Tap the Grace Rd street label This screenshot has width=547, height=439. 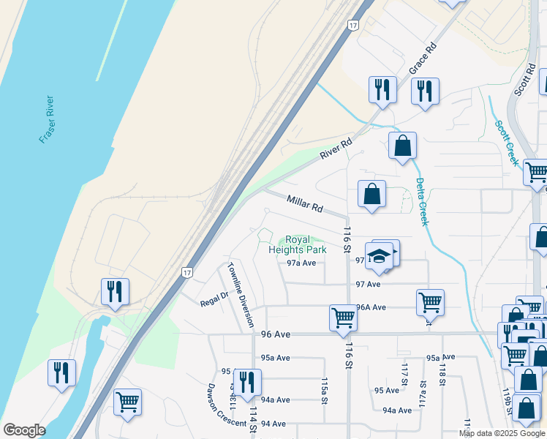[x=423, y=57]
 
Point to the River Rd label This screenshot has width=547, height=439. [x=336, y=149]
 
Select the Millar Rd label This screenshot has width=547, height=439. [x=304, y=203]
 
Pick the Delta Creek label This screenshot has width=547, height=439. [x=421, y=200]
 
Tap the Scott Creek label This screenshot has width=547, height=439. [x=507, y=142]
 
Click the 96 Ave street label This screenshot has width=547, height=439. [x=276, y=334]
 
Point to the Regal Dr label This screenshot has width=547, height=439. [x=215, y=298]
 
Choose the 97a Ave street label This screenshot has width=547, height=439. [x=301, y=263]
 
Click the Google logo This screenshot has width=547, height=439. [x=23, y=430]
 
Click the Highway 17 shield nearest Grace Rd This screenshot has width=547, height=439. [x=354, y=26]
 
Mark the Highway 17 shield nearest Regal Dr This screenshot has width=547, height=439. [x=186, y=272]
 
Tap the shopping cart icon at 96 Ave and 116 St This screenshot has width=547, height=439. [x=342, y=318]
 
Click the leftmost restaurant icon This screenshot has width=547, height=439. [x=61, y=372]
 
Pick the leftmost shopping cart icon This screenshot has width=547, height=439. [x=127, y=401]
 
